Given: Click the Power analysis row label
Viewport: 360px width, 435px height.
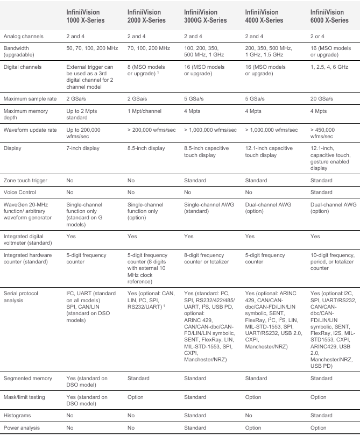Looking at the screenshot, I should point(23,427).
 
